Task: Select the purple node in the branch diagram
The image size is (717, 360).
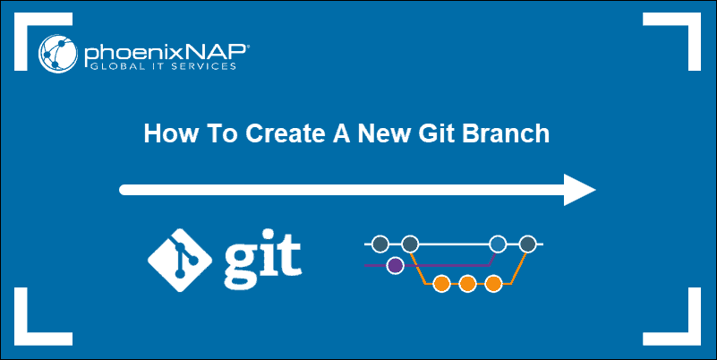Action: (x=394, y=265)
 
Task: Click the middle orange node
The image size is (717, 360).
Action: (x=466, y=285)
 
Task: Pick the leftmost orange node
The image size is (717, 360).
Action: (x=440, y=285)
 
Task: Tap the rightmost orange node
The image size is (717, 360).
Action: (x=493, y=285)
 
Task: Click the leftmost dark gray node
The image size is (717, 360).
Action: (x=380, y=243)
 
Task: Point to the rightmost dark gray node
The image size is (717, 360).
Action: (x=528, y=243)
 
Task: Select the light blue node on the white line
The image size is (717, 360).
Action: (x=499, y=243)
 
